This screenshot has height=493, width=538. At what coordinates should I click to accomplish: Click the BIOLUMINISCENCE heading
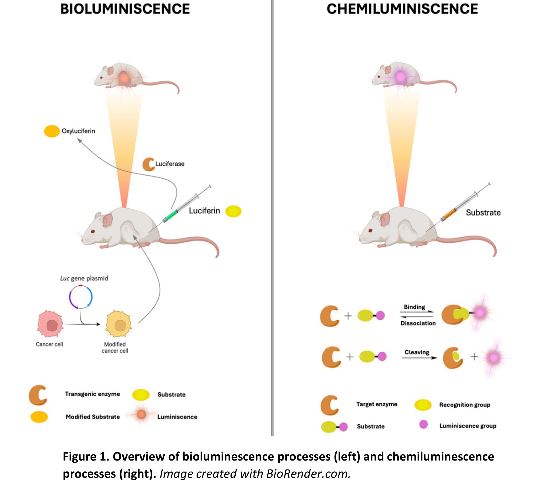(x=125, y=9)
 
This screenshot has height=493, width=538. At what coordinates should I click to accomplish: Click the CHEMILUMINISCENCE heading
(x=402, y=9)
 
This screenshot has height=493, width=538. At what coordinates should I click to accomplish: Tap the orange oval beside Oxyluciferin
(x=52, y=131)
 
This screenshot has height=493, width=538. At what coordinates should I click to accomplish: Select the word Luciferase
(x=170, y=164)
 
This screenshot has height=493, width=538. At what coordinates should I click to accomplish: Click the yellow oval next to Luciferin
(x=233, y=211)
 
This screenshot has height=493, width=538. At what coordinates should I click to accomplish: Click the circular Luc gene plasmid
(x=81, y=297)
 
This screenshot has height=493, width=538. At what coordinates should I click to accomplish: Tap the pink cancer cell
(x=50, y=324)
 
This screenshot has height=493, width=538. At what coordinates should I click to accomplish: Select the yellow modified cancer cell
(x=119, y=324)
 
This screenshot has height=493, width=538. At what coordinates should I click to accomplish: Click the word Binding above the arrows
(x=414, y=307)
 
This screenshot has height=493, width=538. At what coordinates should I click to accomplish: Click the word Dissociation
(x=418, y=323)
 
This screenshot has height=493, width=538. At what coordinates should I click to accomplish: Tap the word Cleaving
(x=417, y=352)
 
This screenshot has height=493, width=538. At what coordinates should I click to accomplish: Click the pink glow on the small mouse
(x=400, y=77)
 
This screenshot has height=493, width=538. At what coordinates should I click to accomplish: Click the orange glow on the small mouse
(x=124, y=77)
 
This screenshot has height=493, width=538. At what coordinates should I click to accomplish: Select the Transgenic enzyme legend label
(x=92, y=394)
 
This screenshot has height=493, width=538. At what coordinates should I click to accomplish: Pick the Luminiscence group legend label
(x=468, y=426)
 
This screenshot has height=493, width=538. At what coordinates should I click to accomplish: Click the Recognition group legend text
(x=464, y=405)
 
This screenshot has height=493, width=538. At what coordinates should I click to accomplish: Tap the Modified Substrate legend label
(x=93, y=417)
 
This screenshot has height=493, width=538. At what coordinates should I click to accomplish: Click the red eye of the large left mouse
(x=93, y=231)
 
